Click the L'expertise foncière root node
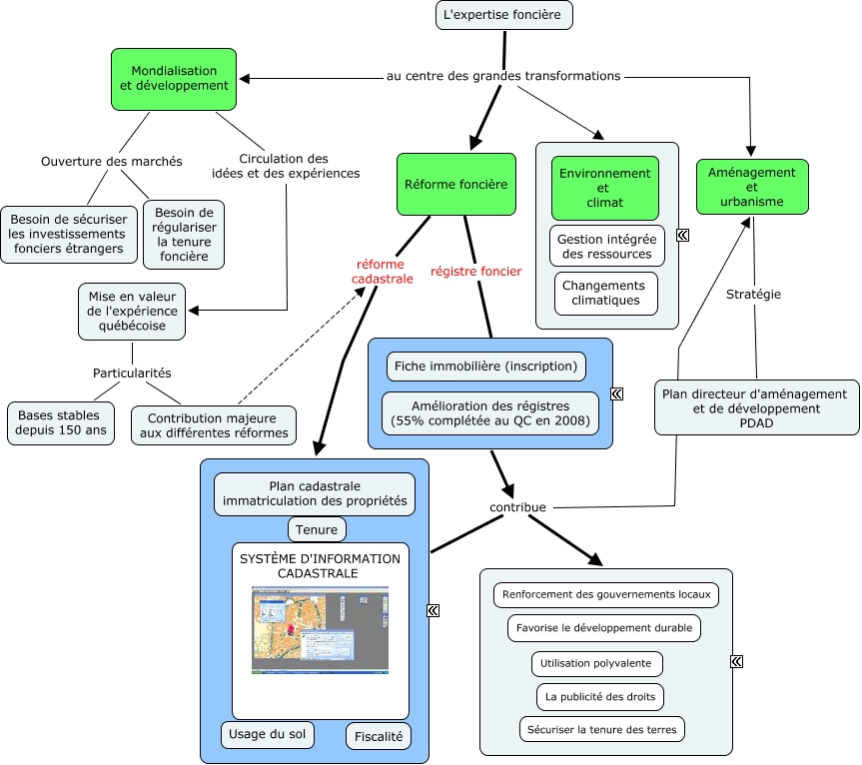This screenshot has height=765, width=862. tap(504, 16)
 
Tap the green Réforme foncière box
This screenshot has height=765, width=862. tap(455, 184)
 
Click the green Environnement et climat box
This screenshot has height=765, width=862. tap(605, 188)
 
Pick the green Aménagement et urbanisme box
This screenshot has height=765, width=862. tap(751, 187)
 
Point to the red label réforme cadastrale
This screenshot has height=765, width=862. tap(382, 272)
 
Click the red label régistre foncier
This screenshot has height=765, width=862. tap(475, 271)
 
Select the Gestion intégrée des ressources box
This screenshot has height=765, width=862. tap(606, 247)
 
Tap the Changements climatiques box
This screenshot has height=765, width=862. tap(606, 293)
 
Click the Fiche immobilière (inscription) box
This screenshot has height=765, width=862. tap(485, 367)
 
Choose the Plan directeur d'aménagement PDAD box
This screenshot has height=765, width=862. tap(755, 407)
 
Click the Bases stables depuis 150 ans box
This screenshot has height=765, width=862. tap(61, 423)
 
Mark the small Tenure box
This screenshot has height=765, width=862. tap(317, 528)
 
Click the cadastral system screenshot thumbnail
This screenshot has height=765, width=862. tap(320, 630)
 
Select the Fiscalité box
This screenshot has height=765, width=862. tap(379, 737)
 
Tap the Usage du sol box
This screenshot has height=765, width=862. tap(268, 734)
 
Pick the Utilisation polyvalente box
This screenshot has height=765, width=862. tap(596, 663)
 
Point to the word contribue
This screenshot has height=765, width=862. tap(517, 507)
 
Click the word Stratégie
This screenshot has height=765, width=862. tap(753, 295)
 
